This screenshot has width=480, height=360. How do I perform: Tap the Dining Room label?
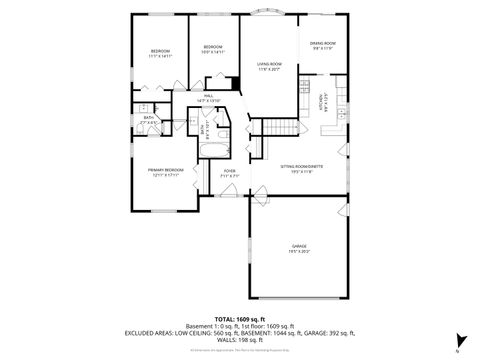click(x=322, y=43)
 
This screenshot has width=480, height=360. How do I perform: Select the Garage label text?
click(x=298, y=245)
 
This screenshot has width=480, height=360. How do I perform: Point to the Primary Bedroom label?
click(x=166, y=170)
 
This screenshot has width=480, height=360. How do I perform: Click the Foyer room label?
click(x=229, y=171)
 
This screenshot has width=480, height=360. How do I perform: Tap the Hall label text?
click(x=208, y=96)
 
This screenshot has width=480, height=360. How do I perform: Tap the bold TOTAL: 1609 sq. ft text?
click(x=240, y=318)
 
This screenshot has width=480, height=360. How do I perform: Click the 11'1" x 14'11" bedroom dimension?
click(x=161, y=57)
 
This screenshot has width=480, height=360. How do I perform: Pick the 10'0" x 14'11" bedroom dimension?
click(x=213, y=53)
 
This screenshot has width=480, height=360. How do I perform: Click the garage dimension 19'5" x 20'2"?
click(x=298, y=251)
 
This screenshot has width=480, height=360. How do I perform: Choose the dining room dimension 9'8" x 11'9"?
click(x=322, y=49)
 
